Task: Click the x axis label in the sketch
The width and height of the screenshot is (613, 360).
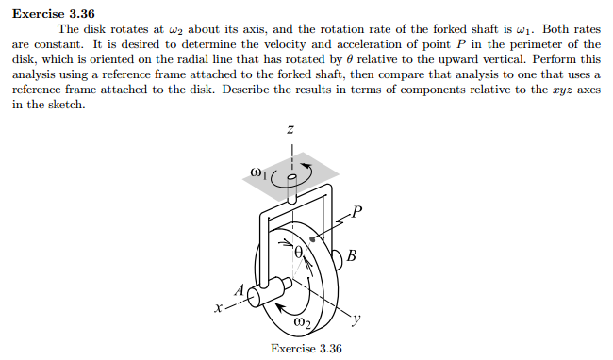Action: point(220,307)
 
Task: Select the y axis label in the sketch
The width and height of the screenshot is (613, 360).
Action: point(357,320)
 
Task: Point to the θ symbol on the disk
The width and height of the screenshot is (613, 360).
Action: point(300,252)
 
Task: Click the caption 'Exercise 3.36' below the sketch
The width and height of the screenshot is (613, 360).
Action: point(306,349)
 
